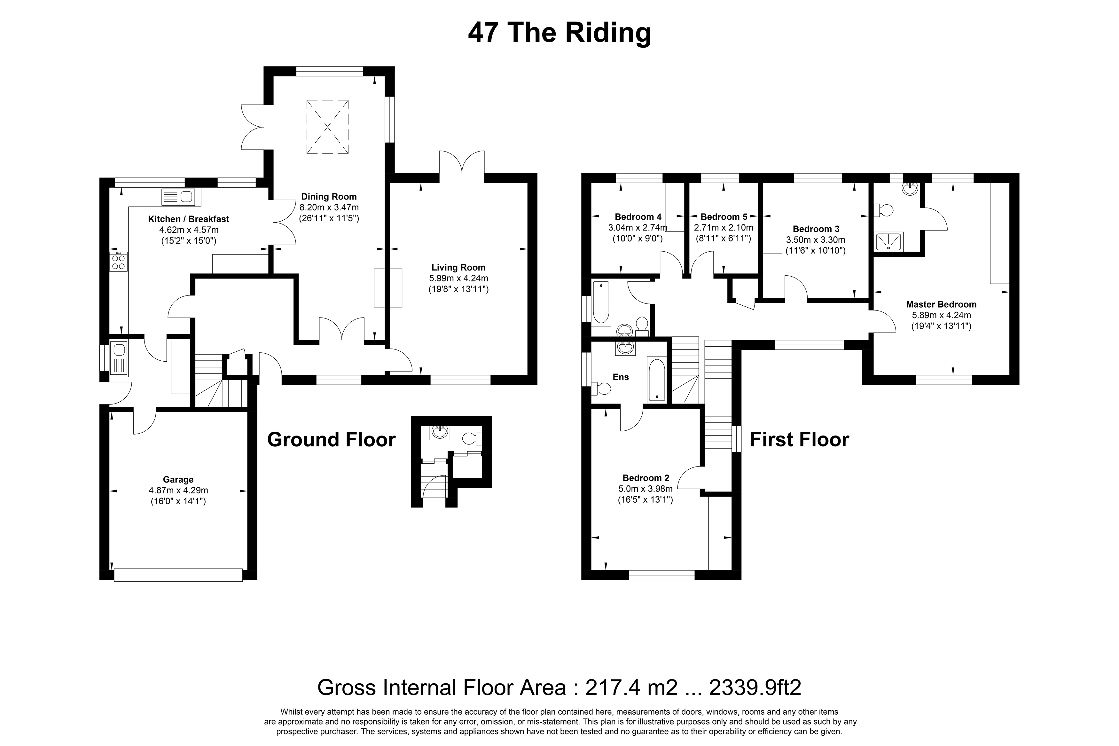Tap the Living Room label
pos(458,267)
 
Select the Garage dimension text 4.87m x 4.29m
pos(178,490)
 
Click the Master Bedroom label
pos(941,304)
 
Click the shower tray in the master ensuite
pos(889,241)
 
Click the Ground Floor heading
pos(332,440)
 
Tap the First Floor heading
pos(799,440)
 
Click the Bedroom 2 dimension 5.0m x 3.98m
pos(645,489)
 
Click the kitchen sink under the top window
pos(178,196)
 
